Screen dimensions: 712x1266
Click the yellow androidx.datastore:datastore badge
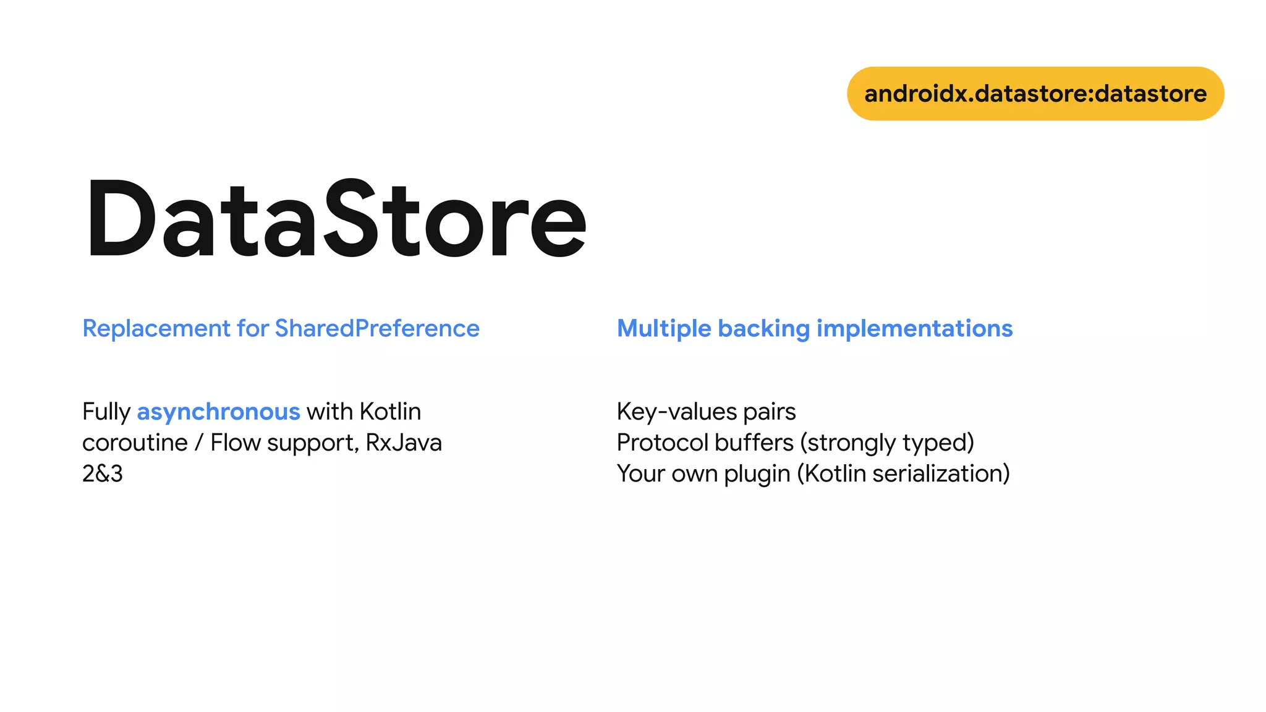click(x=1035, y=94)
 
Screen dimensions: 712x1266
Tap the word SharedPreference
click(x=377, y=328)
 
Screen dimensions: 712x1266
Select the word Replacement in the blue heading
click(x=156, y=328)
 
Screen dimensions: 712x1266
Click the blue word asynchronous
click(x=218, y=412)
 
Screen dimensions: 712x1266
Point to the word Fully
click(x=106, y=412)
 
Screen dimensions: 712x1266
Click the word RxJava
click(x=404, y=443)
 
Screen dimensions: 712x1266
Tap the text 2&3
click(x=103, y=473)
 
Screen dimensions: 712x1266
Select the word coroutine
click(x=135, y=443)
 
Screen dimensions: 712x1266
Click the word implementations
click(x=914, y=328)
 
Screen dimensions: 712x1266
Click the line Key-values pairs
click(x=706, y=412)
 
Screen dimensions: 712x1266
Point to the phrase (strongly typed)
click(x=887, y=443)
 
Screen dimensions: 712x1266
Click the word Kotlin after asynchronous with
click(x=390, y=412)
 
